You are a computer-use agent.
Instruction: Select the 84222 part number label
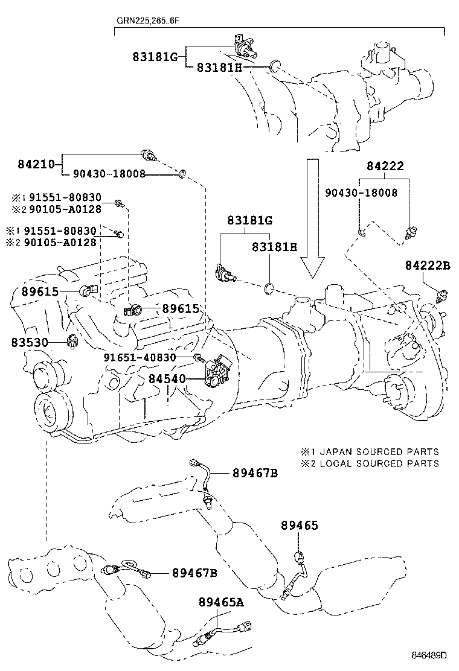coord(384,166)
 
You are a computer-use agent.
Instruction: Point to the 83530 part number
coord(30,342)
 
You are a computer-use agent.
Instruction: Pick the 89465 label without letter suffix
coord(298,526)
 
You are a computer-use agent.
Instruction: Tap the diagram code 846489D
coord(429,655)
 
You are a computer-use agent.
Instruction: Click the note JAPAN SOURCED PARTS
coord(379,451)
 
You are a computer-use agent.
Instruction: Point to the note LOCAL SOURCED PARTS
coord(379,463)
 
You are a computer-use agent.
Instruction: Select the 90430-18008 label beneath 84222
coord(361,192)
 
